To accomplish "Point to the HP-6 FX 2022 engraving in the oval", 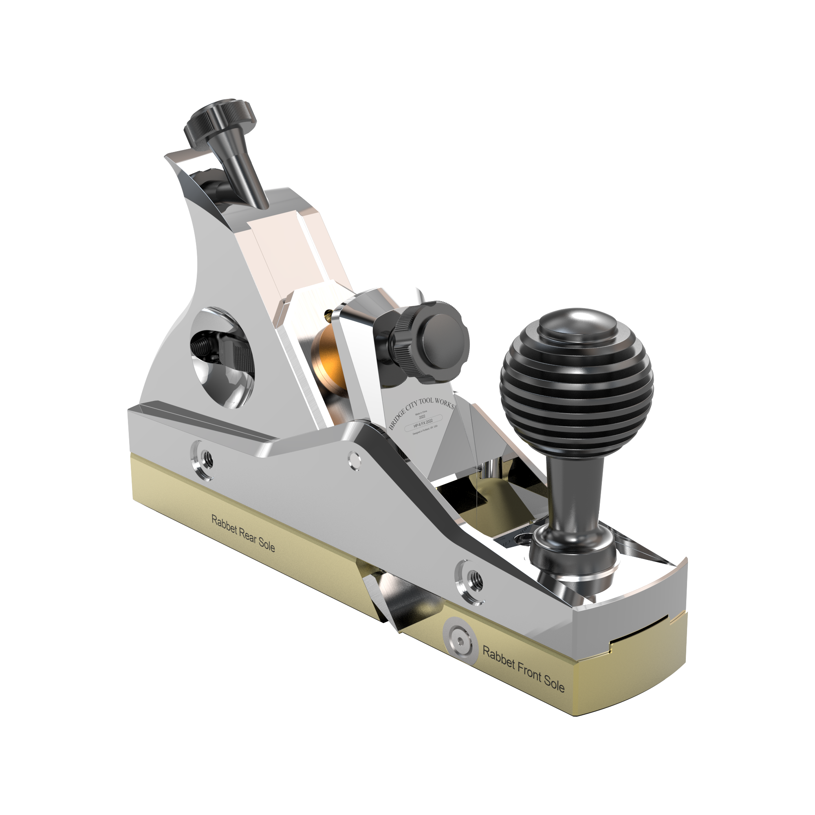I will click(423, 422).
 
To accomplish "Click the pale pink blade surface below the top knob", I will click(291, 249).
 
